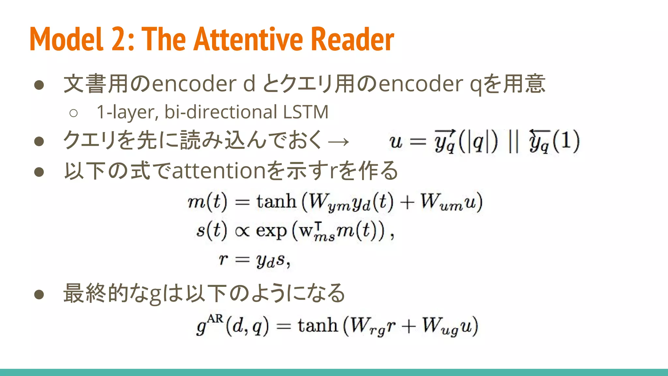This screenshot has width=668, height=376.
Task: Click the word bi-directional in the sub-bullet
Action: [x=221, y=112]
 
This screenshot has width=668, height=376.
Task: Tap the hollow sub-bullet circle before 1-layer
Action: [x=73, y=113]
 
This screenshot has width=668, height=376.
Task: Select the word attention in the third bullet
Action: [x=219, y=171]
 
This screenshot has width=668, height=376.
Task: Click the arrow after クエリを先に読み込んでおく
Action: [x=339, y=141]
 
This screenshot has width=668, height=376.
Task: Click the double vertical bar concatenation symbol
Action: [x=513, y=141]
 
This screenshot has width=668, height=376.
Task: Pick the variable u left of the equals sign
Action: [x=396, y=142]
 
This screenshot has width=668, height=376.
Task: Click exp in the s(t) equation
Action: [x=271, y=231]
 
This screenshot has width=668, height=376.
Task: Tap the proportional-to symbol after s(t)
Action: [x=242, y=231]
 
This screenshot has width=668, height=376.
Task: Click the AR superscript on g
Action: [x=215, y=319]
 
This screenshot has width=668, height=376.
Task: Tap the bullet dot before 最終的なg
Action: [x=39, y=294]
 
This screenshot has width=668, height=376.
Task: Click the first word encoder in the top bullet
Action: [x=194, y=84]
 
